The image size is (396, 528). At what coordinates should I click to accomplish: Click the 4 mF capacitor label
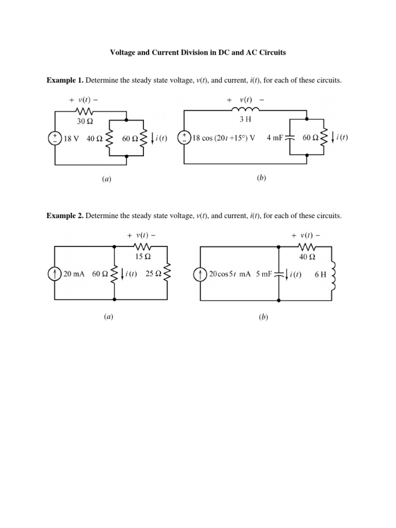pyautogui.click(x=276, y=138)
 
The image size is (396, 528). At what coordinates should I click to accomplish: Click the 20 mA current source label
pyautogui.click(x=74, y=274)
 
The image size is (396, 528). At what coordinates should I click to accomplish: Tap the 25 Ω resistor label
pyautogui.click(x=154, y=274)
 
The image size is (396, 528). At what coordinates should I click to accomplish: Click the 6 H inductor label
pyautogui.click(x=320, y=275)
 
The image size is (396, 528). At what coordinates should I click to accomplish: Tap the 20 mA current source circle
pyautogui.click(x=55, y=274)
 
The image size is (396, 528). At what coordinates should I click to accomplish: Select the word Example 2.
pyautogui.click(x=65, y=216)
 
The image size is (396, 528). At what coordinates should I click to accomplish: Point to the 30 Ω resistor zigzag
pyautogui.click(x=85, y=111)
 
